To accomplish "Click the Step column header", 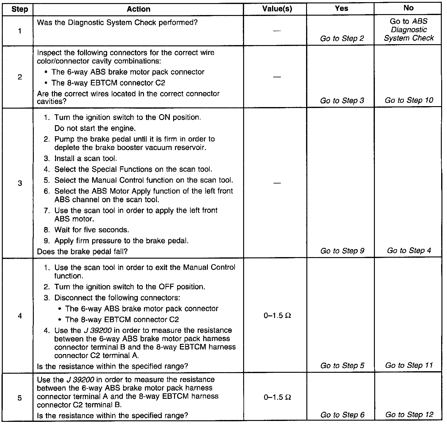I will click(20, 9).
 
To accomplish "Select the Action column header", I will click(138, 9).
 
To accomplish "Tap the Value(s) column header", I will click(277, 9).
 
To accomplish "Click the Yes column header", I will click(341, 9).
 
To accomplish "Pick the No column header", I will click(408, 8).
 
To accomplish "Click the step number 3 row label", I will click(20, 183).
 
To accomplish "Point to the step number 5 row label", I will click(20, 398).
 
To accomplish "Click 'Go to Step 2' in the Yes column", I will click(342, 39).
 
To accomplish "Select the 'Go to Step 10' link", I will click(409, 100).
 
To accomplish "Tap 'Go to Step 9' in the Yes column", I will click(342, 251).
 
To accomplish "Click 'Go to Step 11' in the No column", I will click(409, 365).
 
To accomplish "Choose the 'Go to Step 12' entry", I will click(409, 415).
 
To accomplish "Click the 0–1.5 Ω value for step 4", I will click(277, 316).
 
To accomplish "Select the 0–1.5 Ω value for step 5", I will click(277, 397).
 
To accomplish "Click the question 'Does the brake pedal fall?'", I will click(82, 252).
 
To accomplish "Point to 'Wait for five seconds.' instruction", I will click(91, 230).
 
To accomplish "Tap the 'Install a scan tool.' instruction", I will click(86, 159).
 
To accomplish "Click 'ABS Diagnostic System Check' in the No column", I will click(409, 30).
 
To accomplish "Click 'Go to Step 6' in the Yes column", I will click(342, 415).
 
